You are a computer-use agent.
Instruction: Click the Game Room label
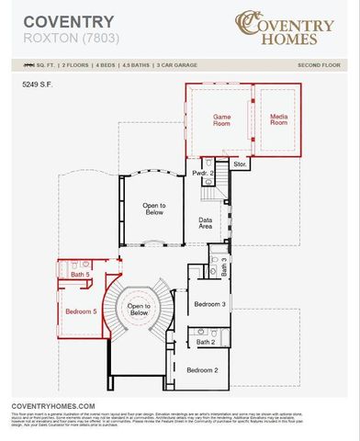[x=221, y=119]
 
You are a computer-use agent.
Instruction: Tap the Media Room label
[x=279, y=119]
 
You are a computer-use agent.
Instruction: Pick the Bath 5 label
[x=80, y=275]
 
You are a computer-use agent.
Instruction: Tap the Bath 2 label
[x=205, y=343]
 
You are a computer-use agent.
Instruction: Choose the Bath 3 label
[x=224, y=263]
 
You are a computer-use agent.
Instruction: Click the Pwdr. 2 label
[x=203, y=173]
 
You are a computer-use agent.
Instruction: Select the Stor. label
[x=240, y=164]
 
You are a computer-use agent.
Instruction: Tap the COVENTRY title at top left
[x=56, y=21]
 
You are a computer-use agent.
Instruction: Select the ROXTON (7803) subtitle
[x=61, y=40]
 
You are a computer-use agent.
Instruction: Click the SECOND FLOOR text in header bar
[x=319, y=66]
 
